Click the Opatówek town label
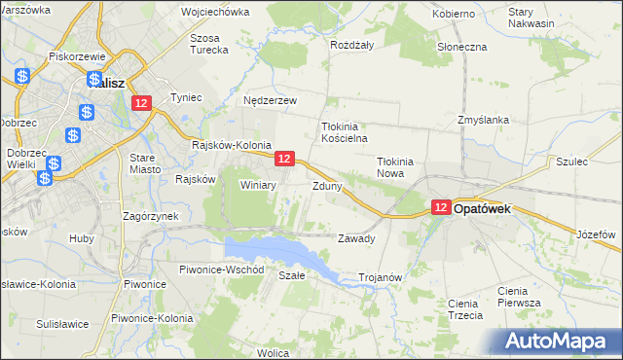tap(495, 208)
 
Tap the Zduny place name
tap(326, 185)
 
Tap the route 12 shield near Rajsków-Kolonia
tap(284, 158)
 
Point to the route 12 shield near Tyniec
tap(142, 103)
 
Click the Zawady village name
tap(355, 238)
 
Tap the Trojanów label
tap(381, 277)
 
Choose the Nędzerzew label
tap(270, 99)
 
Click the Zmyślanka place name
tap(484, 120)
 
